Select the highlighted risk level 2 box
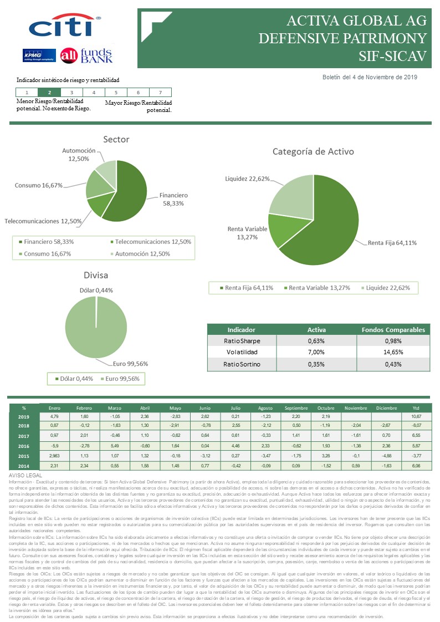click(50, 93)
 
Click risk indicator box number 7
click(160, 93)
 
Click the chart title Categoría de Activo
click(313, 151)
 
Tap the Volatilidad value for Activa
click(316, 352)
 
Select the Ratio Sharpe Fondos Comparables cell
click(393, 340)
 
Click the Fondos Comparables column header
click(393, 329)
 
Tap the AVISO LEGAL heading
click(26, 476)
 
